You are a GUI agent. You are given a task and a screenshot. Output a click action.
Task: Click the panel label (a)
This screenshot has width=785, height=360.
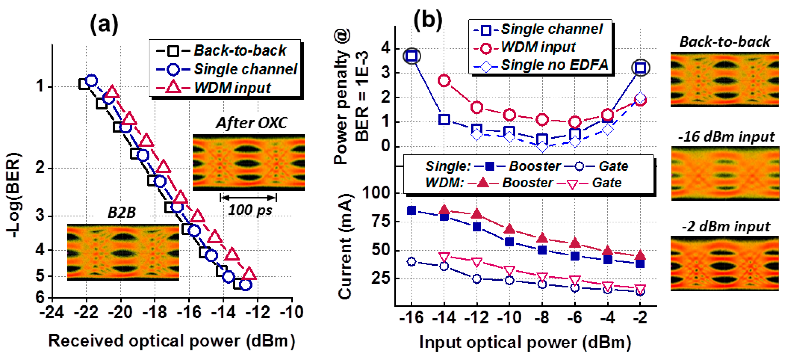pyautogui.click(x=104, y=24)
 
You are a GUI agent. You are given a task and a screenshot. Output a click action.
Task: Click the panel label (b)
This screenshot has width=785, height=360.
pyautogui.click(x=428, y=20)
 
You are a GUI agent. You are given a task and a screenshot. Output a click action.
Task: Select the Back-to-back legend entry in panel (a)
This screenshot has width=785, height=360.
pyautogui.click(x=221, y=50)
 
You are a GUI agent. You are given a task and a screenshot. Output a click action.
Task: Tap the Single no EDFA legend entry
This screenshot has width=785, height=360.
pyautogui.click(x=541, y=65)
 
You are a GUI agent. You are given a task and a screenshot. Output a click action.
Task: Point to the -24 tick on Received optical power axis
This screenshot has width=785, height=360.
pyautogui.click(x=52, y=312)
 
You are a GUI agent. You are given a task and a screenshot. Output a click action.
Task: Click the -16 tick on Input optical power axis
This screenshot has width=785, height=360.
pyautogui.click(x=411, y=318)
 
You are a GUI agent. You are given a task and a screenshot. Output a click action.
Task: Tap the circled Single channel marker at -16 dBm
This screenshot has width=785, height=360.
pyautogui.click(x=412, y=56)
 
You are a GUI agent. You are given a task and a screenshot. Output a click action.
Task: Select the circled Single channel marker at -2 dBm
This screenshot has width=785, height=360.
pyautogui.click(x=640, y=68)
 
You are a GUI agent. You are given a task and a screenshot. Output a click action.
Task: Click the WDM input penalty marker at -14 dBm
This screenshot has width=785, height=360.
pyautogui.click(x=444, y=81)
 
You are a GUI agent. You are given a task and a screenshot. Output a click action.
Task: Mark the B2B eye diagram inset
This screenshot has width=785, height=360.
pyautogui.click(x=123, y=252)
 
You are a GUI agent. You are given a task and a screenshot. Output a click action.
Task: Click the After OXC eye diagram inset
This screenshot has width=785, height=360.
pyautogui.click(x=248, y=163)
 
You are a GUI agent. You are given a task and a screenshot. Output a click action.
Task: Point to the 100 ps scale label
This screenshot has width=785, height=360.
pyautogui.click(x=250, y=210)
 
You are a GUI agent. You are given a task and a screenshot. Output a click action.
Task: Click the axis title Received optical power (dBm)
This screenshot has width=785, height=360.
pyautogui.click(x=172, y=341)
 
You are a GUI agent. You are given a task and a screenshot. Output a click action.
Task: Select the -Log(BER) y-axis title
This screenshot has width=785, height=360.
pyautogui.click(x=14, y=195)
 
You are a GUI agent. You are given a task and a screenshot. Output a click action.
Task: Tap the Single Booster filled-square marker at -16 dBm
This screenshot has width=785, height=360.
pyautogui.click(x=411, y=210)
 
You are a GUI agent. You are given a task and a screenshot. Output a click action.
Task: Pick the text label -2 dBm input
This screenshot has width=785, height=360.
pyautogui.click(x=726, y=226)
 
